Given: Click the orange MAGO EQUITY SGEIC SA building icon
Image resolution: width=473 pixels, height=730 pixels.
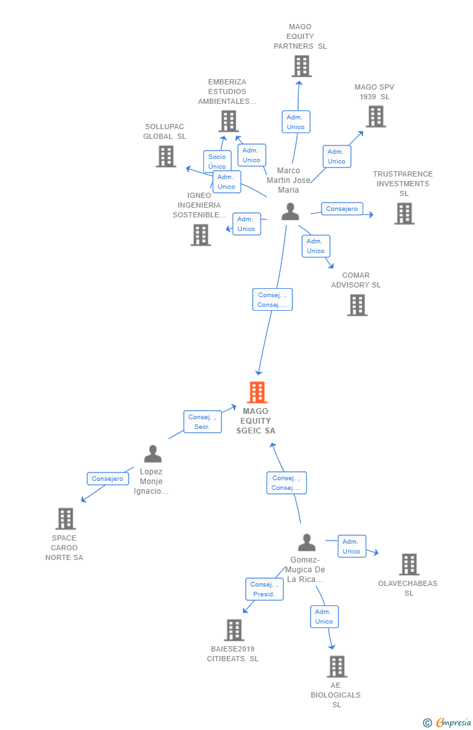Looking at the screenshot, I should [257, 393].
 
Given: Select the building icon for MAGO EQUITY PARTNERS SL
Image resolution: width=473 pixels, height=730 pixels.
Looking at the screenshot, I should [301, 66].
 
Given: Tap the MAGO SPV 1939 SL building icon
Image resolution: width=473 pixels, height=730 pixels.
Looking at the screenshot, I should [376, 117].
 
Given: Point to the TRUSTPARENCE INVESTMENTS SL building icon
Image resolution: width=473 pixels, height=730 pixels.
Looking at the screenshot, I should [404, 213].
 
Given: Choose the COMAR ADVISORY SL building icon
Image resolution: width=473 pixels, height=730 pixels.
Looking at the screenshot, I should [357, 305].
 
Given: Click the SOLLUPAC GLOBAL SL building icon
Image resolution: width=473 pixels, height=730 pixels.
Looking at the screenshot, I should [166, 156].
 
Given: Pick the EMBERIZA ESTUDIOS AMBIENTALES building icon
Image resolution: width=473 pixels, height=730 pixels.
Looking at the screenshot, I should [229, 121].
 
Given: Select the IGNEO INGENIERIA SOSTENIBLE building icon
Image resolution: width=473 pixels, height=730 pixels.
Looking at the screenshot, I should [201, 235].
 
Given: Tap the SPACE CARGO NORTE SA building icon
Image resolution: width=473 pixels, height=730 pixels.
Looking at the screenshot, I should [66, 519].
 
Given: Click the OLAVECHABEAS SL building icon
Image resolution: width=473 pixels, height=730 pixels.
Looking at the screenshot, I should [409, 565].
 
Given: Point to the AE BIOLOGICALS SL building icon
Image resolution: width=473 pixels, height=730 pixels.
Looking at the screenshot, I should [337, 666].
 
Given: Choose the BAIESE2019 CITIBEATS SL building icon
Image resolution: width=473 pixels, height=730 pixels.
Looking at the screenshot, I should [234, 630].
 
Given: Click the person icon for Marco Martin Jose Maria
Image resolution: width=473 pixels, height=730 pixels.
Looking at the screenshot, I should [290, 212].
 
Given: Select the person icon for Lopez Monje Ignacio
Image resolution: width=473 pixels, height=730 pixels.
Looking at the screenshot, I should [153, 454].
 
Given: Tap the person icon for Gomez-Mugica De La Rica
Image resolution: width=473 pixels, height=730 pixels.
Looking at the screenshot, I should [307, 542].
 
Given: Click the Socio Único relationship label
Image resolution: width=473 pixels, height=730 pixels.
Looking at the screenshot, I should [217, 161].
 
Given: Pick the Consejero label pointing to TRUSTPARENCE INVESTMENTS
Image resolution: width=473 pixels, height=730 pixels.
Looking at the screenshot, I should [342, 209].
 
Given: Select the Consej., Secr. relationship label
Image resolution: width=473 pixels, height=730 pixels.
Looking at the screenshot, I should [202, 422].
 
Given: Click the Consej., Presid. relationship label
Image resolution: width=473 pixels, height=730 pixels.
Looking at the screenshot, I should [264, 589].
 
